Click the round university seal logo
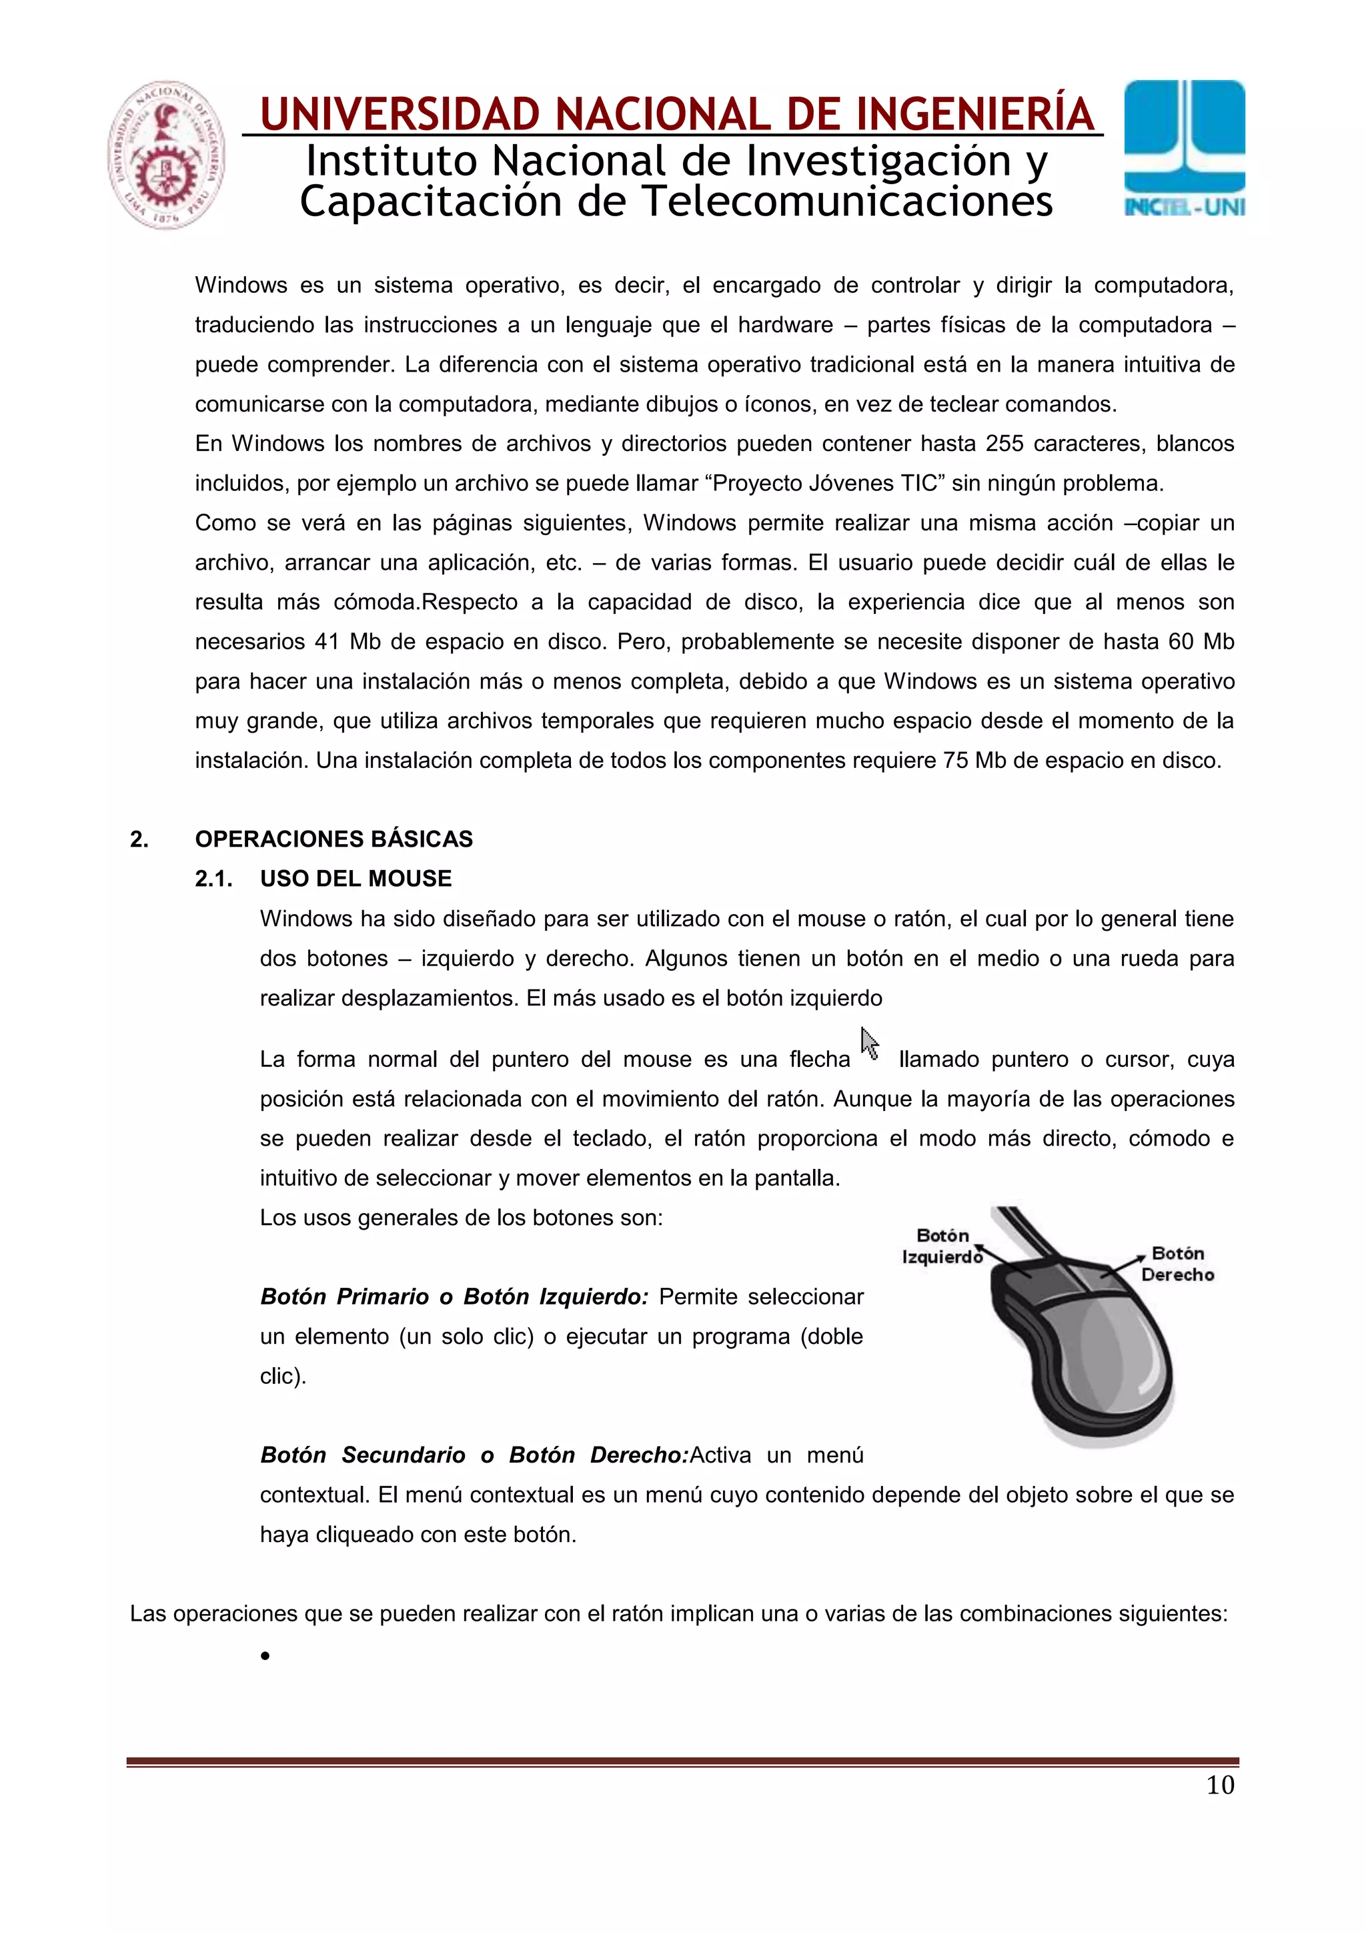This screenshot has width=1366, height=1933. (x=166, y=155)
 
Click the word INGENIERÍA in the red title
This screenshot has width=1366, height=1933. (x=974, y=115)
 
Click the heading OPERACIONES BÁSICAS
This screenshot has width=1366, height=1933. (x=333, y=839)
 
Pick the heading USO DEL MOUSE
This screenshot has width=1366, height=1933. (x=356, y=879)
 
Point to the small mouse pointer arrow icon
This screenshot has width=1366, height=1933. (x=870, y=1044)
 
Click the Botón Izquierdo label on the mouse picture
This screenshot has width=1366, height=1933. (x=942, y=1246)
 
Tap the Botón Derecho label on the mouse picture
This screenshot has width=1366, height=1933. (x=1177, y=1264)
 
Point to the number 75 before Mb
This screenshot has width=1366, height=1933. (x=955, y=761)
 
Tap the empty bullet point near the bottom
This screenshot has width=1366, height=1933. (x=265, y=1656)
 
